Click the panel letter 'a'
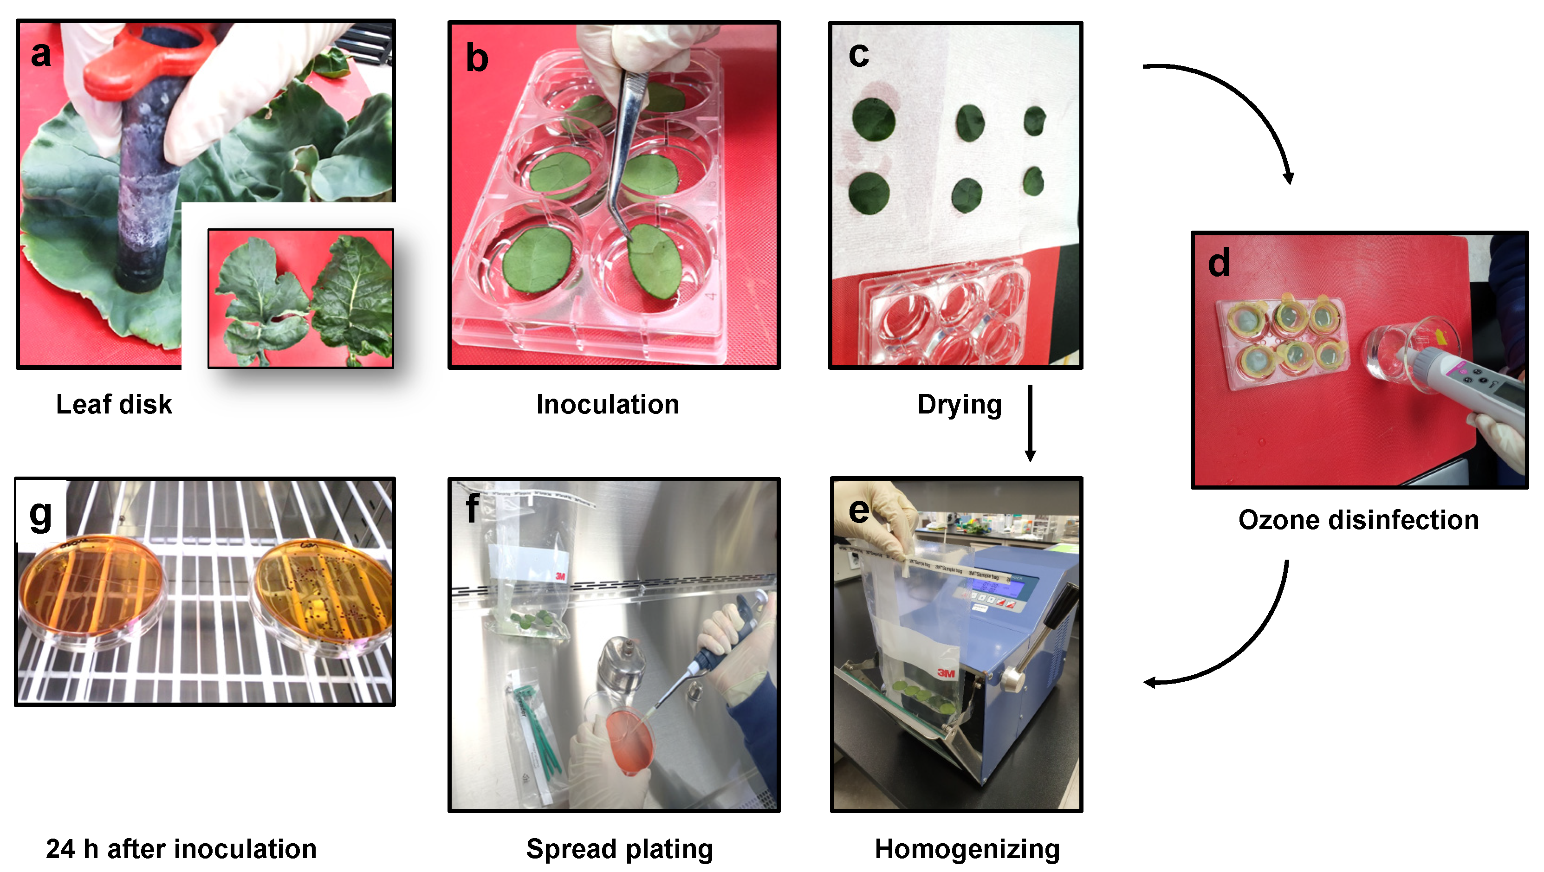41,54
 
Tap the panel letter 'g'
41,514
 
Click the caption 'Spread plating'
619,849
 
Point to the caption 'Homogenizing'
967,849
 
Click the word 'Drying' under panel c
959,405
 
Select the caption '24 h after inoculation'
181,849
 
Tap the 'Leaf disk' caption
114,405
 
